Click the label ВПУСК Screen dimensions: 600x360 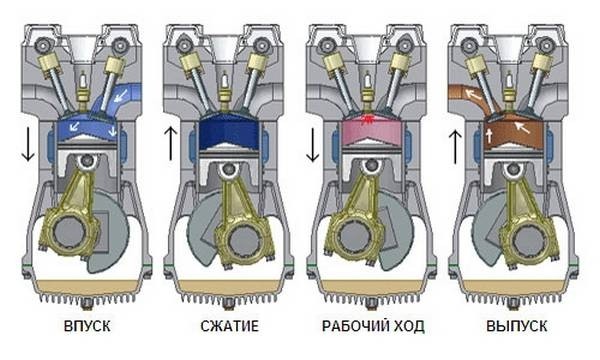pos(87,326)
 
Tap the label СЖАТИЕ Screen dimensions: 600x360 pos(230,326)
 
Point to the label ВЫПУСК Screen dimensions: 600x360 pos(517,326)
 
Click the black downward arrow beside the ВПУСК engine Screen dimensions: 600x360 pos(28,145)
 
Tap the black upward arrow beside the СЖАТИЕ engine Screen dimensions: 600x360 pos(171,144)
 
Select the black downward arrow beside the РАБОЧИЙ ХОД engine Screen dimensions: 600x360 pos(313,145)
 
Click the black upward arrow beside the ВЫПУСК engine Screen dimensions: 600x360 pos(455,147)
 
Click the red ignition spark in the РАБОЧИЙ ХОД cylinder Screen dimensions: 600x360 pos(368,119)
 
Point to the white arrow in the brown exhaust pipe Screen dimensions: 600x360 pos(472,94)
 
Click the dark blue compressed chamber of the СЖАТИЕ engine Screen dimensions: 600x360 pos(229,131)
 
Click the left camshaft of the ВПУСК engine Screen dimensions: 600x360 pos(42,46)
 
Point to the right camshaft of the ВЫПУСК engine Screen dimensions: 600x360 pos(545,46)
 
